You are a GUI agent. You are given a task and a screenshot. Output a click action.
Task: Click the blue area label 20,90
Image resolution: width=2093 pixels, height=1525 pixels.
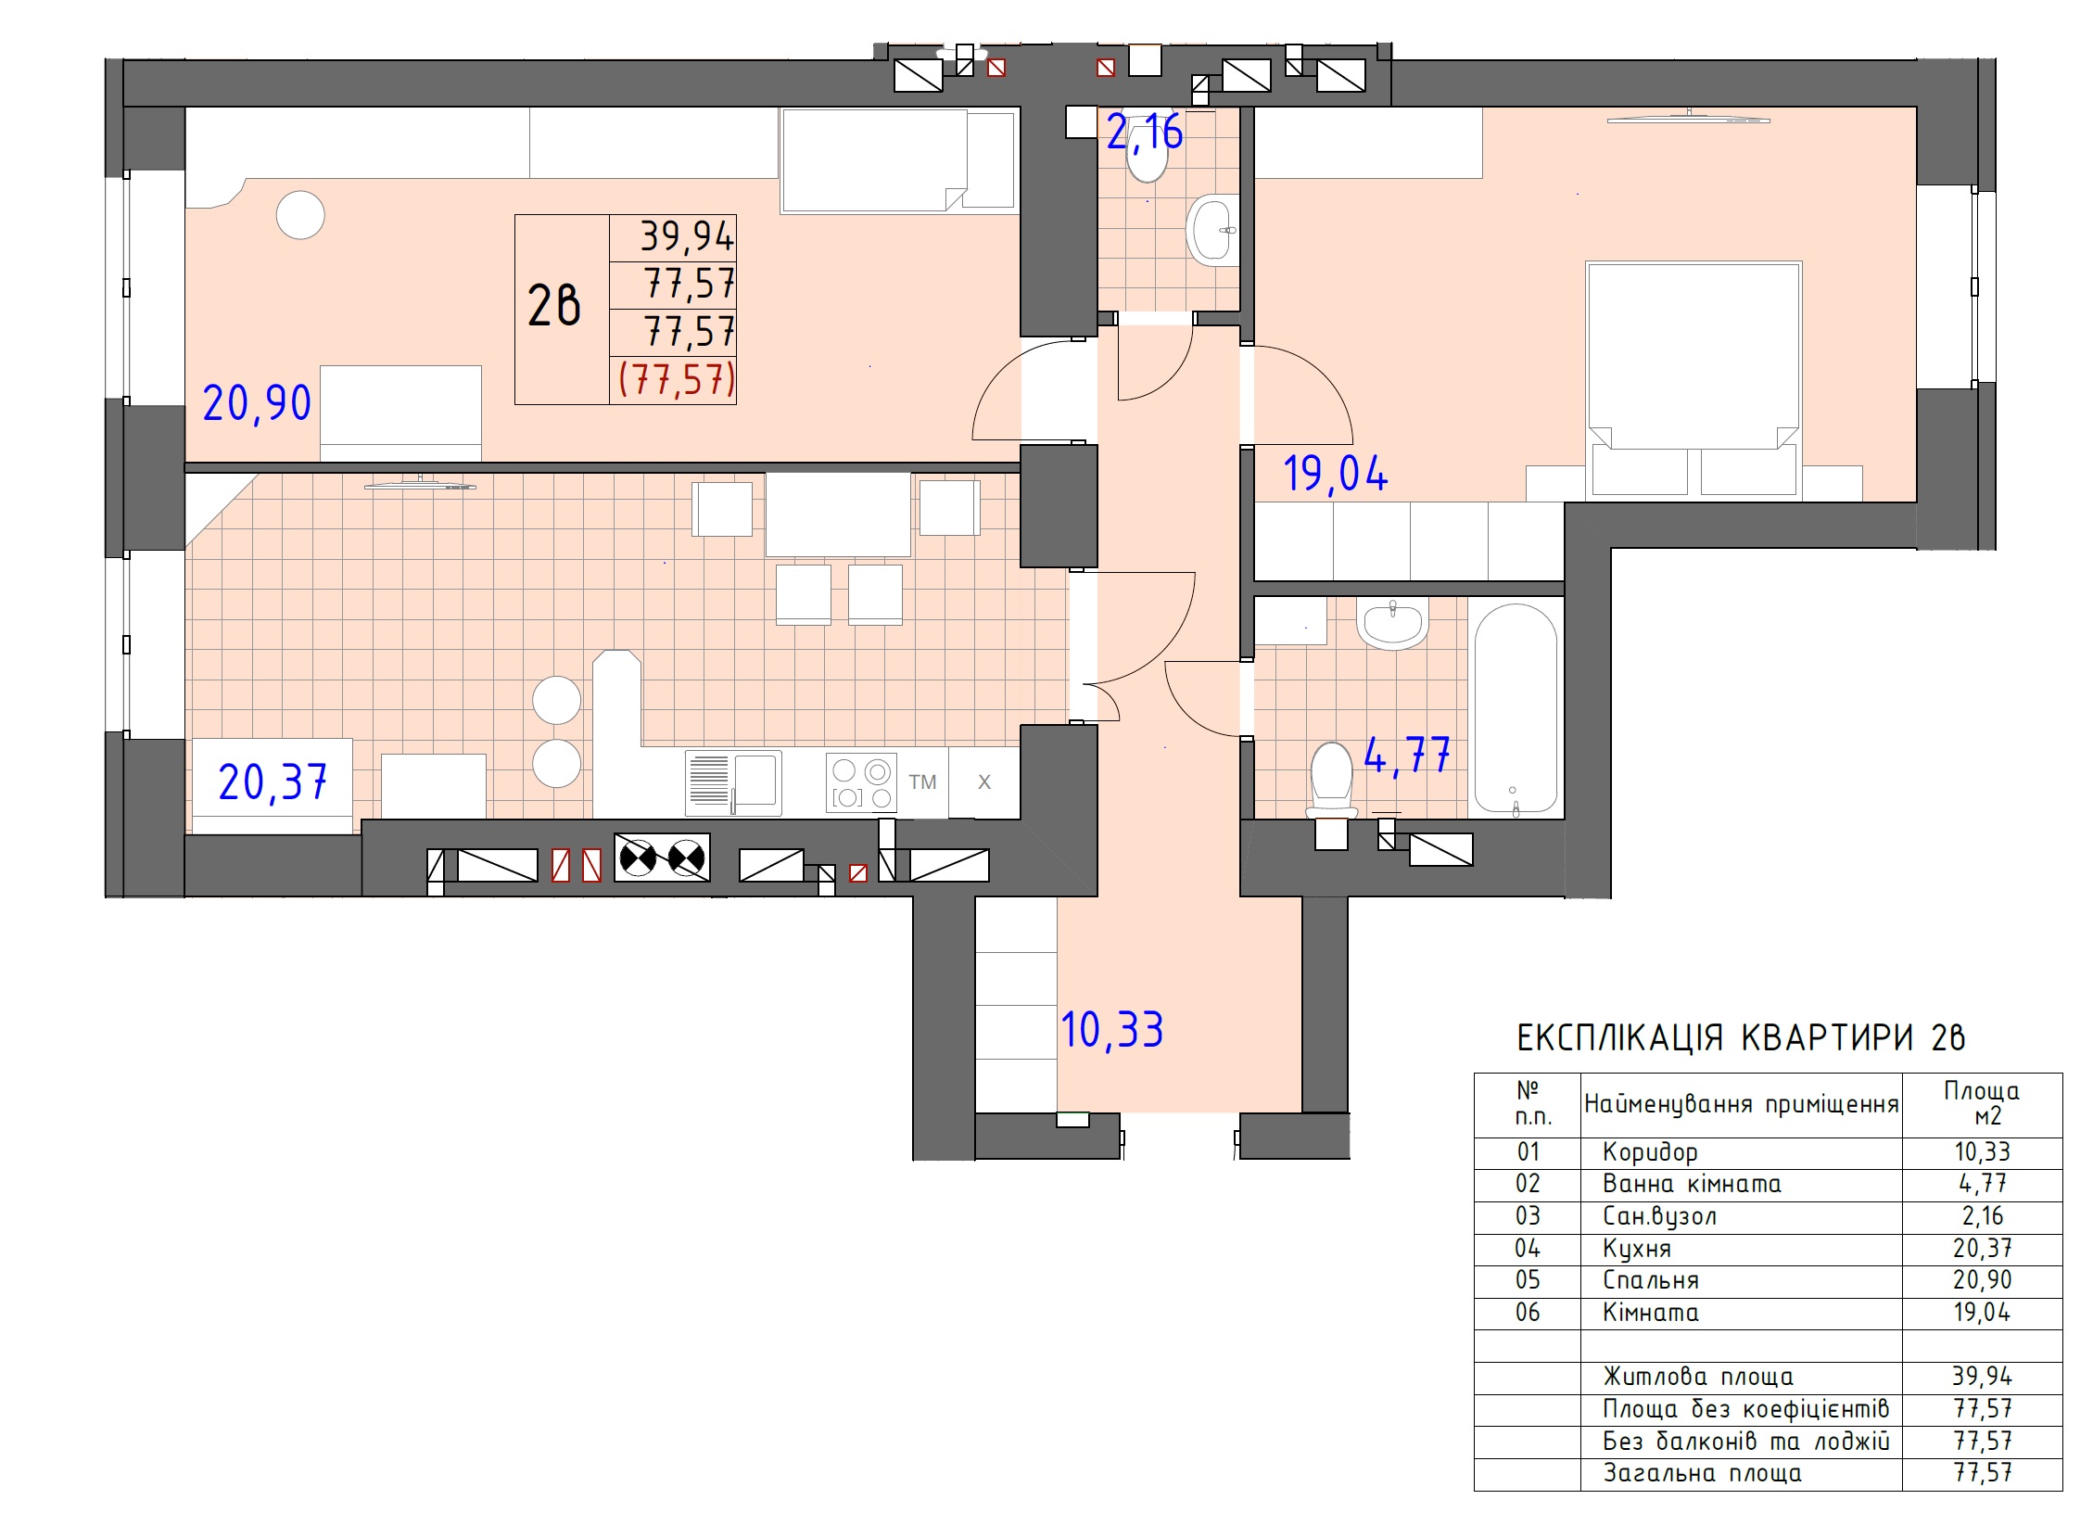click(x=257, y=403)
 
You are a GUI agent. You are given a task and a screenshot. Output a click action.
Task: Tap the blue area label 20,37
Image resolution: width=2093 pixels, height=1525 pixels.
click(x=273, y=782)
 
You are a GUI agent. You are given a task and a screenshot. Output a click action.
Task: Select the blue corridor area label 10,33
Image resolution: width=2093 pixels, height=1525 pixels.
click(x=1112, y=1030)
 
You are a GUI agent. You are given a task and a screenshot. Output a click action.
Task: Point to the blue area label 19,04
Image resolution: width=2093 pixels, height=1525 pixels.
click(x=1336, y=474)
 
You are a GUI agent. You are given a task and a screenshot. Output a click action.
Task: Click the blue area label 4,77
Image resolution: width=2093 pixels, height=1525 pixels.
click(x=1407, y=755)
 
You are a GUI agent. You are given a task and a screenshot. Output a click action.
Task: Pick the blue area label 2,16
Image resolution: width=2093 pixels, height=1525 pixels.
click(x=1145, y=133)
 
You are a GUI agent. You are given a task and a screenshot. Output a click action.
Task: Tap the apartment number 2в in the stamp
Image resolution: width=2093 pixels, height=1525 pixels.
click(x=554, y=306)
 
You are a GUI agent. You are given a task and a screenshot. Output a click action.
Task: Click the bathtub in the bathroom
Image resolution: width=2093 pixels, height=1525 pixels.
click(x=1515, y=709)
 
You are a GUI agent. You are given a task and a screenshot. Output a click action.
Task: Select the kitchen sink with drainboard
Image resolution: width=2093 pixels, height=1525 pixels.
click(x=733, y=783)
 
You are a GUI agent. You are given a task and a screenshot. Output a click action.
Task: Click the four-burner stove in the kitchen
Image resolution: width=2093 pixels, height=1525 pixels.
click(x=862, y=783)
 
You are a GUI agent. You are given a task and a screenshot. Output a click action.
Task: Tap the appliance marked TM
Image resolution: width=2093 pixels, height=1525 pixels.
click(x=922, y=782)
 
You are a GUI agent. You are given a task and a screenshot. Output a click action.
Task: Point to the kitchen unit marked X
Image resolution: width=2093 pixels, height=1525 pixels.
click(x=984, y=782)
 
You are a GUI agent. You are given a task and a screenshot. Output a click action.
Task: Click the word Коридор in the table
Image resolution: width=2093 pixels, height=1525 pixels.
click(x=1650, y=1152)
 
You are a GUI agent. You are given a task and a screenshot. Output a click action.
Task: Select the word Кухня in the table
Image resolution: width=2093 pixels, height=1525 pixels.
click(x=1637, y=1249)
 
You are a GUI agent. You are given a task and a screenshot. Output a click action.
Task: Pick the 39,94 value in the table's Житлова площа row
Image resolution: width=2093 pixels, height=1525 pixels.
click(x=1983, y=1377)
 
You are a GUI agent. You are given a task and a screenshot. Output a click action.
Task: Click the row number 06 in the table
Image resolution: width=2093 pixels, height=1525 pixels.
click(x=1528, y=1313)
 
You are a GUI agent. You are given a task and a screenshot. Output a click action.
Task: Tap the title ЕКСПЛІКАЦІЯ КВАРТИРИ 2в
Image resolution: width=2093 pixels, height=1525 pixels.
click(x=1741, y=1037)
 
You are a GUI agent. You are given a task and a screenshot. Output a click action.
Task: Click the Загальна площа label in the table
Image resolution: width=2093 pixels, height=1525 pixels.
click(x=1703, y=1473)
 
